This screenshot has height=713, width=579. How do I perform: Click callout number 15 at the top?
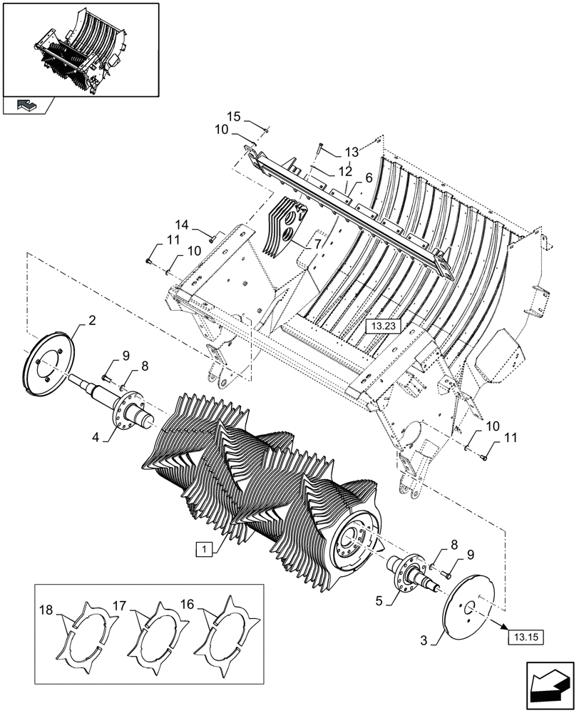[235, 116]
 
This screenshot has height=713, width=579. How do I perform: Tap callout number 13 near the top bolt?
[352, 153]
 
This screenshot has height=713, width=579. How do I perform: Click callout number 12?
[345, 171]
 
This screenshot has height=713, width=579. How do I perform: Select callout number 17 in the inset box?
[119, 605]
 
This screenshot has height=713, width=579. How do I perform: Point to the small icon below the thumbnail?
[27, 106]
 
